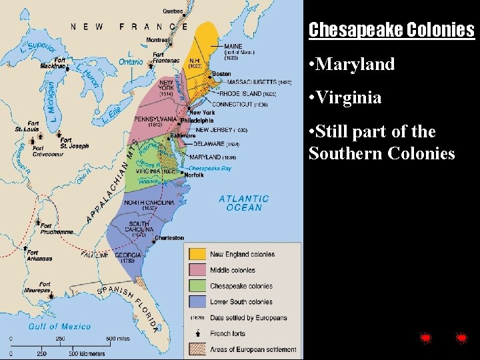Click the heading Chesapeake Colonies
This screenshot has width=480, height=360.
(x=391, y=31)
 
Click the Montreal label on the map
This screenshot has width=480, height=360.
(x=159, y=39)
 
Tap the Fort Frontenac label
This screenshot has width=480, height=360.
(x=166, y=58)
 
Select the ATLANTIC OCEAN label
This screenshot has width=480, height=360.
(x=244, y=203)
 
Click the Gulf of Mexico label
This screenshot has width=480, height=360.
(x=59, y=326)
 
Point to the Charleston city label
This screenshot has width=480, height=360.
(x=169, y=238)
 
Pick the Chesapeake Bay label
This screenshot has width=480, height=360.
(x=210, y=169)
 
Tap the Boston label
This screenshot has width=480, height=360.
(x=221, y=74)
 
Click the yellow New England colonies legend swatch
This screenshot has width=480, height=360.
(x=197, y=254)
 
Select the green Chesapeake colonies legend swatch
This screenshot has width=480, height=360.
(x=197, y=286)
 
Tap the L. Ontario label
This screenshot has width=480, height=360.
(x=131, y=58)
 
